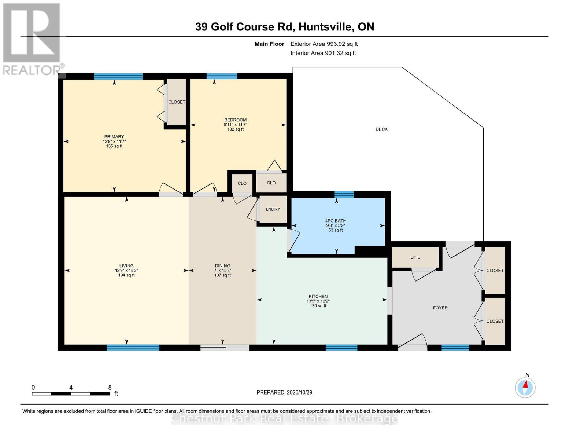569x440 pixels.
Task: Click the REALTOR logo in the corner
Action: [x=32, y=38]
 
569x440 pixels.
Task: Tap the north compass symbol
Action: [x=525, y=387]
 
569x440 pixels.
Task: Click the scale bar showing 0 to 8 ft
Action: [x=71, y=394]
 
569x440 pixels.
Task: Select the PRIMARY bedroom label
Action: [x=114, y=137]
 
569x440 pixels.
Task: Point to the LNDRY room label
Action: [x=273, y=209]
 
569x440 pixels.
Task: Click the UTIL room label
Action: [x=415, y=257]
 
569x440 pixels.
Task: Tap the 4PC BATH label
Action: [x=335, y=221]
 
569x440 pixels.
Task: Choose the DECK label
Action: [x=381, y=129]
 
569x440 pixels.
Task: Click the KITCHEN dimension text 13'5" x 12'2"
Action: [x=318, y=301]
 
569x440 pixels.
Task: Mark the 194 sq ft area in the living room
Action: [x=126, y=275]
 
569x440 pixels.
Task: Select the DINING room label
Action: [x=222, y=266]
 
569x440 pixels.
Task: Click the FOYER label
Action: [x=440, y=308]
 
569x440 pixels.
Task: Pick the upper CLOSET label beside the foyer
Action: [x=495, y=271]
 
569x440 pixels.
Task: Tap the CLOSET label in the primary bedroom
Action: [x=177, y=102]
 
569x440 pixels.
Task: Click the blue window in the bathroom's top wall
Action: [x=344, y=194]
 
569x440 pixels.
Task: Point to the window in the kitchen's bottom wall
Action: [x=341, y=348]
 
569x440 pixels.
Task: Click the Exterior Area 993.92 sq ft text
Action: [x=324, y=44]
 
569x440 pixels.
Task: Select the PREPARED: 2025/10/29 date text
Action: [x=284, y=392]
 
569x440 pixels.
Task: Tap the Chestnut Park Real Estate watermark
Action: [x=284, y=418]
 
